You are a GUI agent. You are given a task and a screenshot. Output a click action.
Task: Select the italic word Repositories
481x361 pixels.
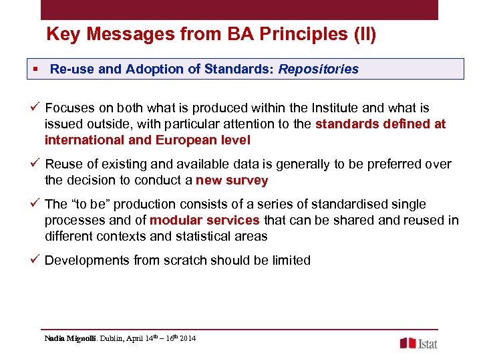[x=319, y=69]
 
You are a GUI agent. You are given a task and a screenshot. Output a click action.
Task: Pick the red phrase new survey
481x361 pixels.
[x=232, y=180]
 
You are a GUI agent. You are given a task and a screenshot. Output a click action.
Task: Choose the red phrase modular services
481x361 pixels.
[x=205, y=221]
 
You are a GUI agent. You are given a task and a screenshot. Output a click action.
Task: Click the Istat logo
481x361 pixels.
[x=419, y=343]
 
